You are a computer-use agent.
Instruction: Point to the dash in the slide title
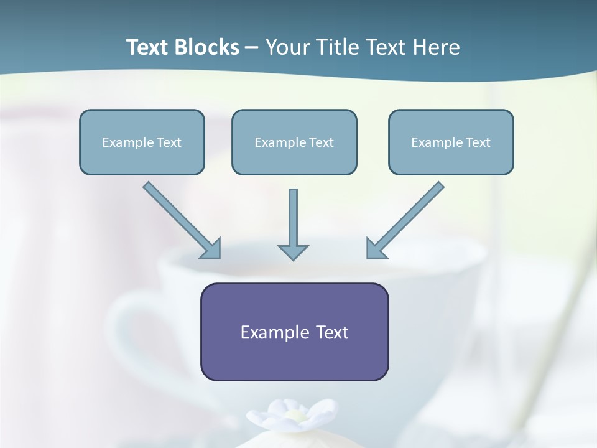point(252,48)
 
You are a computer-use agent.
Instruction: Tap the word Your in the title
point(288,47)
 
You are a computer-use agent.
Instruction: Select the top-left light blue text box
point(142,142)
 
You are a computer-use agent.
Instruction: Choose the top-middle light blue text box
point(294,142)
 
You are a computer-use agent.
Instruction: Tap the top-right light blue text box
point(451,142)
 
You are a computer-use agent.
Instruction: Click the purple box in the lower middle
point(294,332)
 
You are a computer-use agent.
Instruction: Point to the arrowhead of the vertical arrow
point(293,251)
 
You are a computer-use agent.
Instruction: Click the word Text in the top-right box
point(478,142)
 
